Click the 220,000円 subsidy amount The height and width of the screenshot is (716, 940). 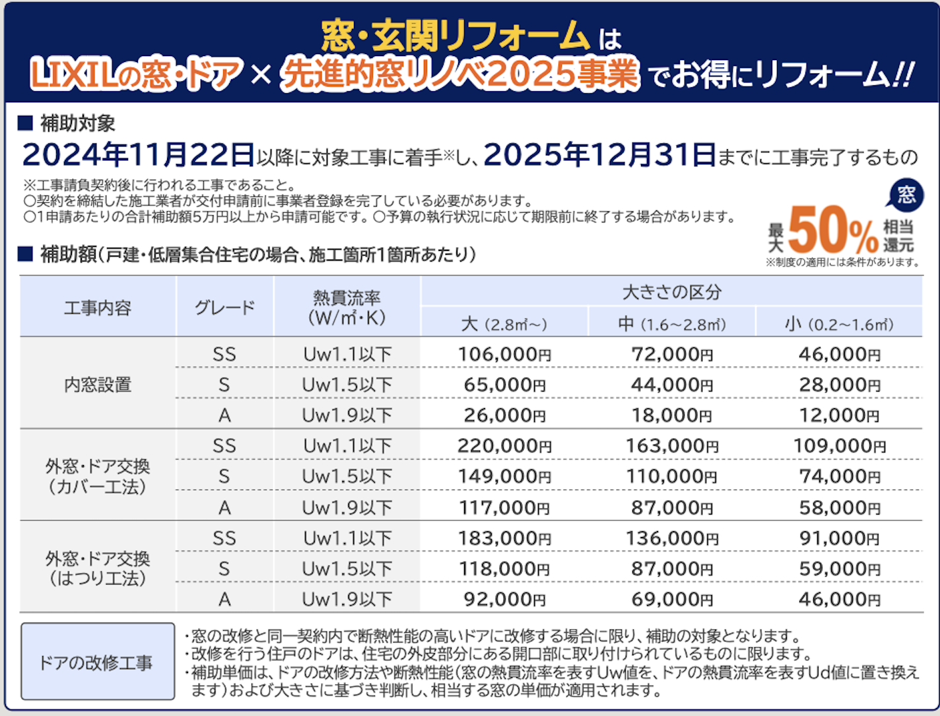pos(504,446)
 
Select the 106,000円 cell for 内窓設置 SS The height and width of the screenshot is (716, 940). pos(504,355)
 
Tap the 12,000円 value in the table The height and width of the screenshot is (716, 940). pos(839,415)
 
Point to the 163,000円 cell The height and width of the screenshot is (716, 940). pos(672,446)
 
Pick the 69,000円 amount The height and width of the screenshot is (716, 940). pos(672,600)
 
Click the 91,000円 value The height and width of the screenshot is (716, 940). pos(839,538)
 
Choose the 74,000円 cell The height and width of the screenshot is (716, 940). pos(839,476)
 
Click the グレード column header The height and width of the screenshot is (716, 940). pos(224,307)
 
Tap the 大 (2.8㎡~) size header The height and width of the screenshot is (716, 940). pos(504,324)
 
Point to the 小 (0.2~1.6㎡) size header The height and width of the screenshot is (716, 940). pos(839,324)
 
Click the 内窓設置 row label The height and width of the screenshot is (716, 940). pos(98,384)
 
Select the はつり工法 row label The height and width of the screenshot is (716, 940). pos(98,569)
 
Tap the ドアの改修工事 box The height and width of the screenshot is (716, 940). pos(98,662)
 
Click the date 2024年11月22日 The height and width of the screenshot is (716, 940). pos(138,155)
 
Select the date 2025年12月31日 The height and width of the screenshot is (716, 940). pos(599,155)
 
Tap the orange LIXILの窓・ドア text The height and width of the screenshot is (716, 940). pos(136,74)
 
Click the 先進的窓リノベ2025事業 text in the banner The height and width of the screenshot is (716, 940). pos(460,74)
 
